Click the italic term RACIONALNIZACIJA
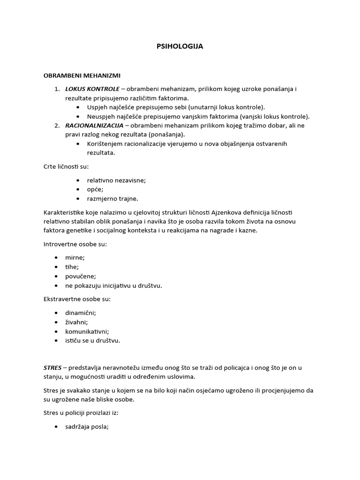pyautogui.click(x=94, y=126)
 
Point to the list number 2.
pyautogui.click(x=56, y=126)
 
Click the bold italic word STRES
pyautogui.click(x=52, y=368)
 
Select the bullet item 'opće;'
pyautogui.click(x=95, y=189)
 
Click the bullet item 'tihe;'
pyautogui.click(x=72, y=267)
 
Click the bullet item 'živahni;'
pyautogui.click(x=77, y=322)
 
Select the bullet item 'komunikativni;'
pyautogui.click(x=87, y=331)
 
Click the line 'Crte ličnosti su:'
pyautogui.click(x=66, y=166)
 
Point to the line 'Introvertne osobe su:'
pyautogui.click(x=75, y=244)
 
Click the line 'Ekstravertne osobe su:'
pyautogui.click(x=77, y=299)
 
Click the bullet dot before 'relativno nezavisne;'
pyautogui.click(x=77, y=180)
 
